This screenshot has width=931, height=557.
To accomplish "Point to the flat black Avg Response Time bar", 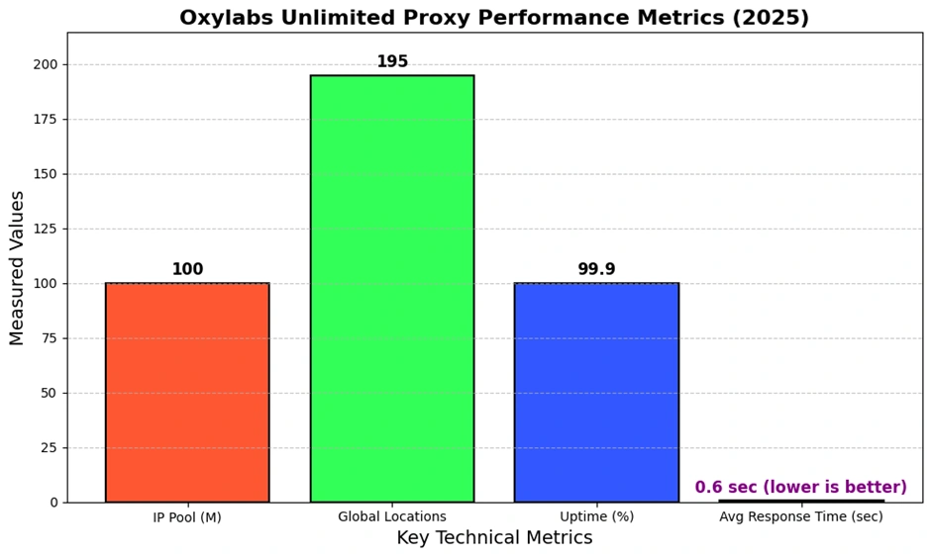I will click(x=800, y=501).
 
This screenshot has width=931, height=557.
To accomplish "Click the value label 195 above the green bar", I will click(x=392, y=62).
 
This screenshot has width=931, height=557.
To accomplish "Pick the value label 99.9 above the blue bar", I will click(x=596, y=270).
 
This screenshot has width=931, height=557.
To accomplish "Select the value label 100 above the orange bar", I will click(x=187, y=270).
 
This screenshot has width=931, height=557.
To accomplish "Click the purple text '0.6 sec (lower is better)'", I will click(x=800, y=488).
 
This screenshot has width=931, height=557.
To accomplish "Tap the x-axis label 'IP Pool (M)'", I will click(x=187, y=517).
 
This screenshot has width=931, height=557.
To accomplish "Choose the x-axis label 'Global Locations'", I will click(x=392, y=517).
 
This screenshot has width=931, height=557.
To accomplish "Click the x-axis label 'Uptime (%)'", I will click(x=596, y=517).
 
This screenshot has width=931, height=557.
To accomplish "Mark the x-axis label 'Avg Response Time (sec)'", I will click(x=800, y=517).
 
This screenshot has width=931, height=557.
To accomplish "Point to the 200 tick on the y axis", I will click(x=46, y=64).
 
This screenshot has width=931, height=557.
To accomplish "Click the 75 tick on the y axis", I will click(x=50, y=338).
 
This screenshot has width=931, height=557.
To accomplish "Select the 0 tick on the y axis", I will click(x=54, y=503).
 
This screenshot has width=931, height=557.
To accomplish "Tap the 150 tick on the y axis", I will click(x=46, y=174).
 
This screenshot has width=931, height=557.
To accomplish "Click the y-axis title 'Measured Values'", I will click(x=18, y=267).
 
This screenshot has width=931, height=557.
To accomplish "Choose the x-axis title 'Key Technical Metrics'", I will click(x=494, y=538).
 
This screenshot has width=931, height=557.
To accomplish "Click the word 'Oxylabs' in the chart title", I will click(x=224, y=18).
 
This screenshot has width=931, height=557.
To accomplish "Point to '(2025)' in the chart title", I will click(x=773, y=18).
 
